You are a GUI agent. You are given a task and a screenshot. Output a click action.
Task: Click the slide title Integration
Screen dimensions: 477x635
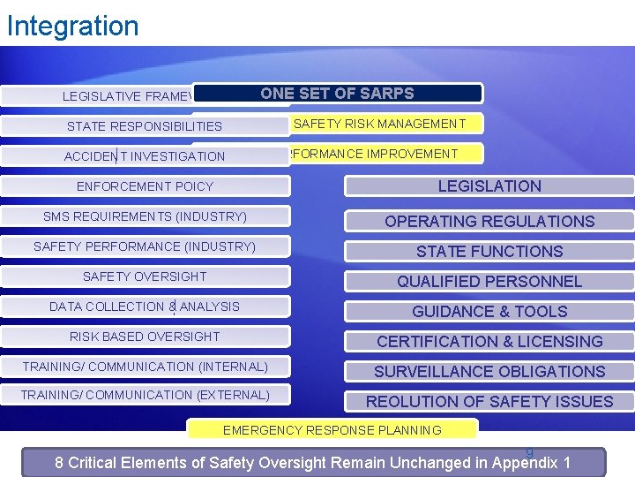(72, 26)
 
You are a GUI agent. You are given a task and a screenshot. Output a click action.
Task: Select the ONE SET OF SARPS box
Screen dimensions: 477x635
(337, 94)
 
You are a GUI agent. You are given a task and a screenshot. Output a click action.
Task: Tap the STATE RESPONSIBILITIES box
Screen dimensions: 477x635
(145, 126)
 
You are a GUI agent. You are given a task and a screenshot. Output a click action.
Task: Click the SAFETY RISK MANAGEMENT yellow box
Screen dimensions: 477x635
(379, 124)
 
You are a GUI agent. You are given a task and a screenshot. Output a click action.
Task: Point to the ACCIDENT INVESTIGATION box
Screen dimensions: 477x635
(145, 156)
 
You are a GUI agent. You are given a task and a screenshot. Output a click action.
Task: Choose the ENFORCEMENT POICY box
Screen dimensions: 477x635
(145, 186)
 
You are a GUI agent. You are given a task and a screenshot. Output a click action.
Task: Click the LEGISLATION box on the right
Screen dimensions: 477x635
(489, 186)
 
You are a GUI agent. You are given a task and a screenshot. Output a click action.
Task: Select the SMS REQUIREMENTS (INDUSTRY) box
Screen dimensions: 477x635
(145, 216)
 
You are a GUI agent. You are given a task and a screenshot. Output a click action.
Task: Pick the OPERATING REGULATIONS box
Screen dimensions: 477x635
(489, 221)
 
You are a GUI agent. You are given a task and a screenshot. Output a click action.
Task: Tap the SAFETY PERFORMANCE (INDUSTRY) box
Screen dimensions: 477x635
(145, 246)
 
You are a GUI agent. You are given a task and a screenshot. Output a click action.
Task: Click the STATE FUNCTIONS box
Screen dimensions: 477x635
(489, 251)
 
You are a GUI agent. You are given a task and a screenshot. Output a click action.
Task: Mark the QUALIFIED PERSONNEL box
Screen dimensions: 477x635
(489, 281)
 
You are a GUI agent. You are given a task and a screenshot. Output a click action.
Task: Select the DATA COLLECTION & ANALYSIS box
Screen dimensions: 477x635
(145, 307)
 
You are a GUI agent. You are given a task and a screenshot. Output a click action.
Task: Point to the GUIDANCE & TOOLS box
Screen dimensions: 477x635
(489, 311)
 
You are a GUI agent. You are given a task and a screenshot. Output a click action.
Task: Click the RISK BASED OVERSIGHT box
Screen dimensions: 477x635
(145, 337)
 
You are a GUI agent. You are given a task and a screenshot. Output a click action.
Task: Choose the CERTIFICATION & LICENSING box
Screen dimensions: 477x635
(489, 341)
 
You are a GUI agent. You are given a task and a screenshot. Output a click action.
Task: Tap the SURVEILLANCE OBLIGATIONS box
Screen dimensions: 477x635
(489, 371)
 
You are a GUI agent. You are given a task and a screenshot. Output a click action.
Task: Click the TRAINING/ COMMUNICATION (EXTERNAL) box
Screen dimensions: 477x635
(145, 395)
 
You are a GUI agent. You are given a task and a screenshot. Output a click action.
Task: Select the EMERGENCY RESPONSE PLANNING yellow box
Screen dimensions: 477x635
(332, 430)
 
